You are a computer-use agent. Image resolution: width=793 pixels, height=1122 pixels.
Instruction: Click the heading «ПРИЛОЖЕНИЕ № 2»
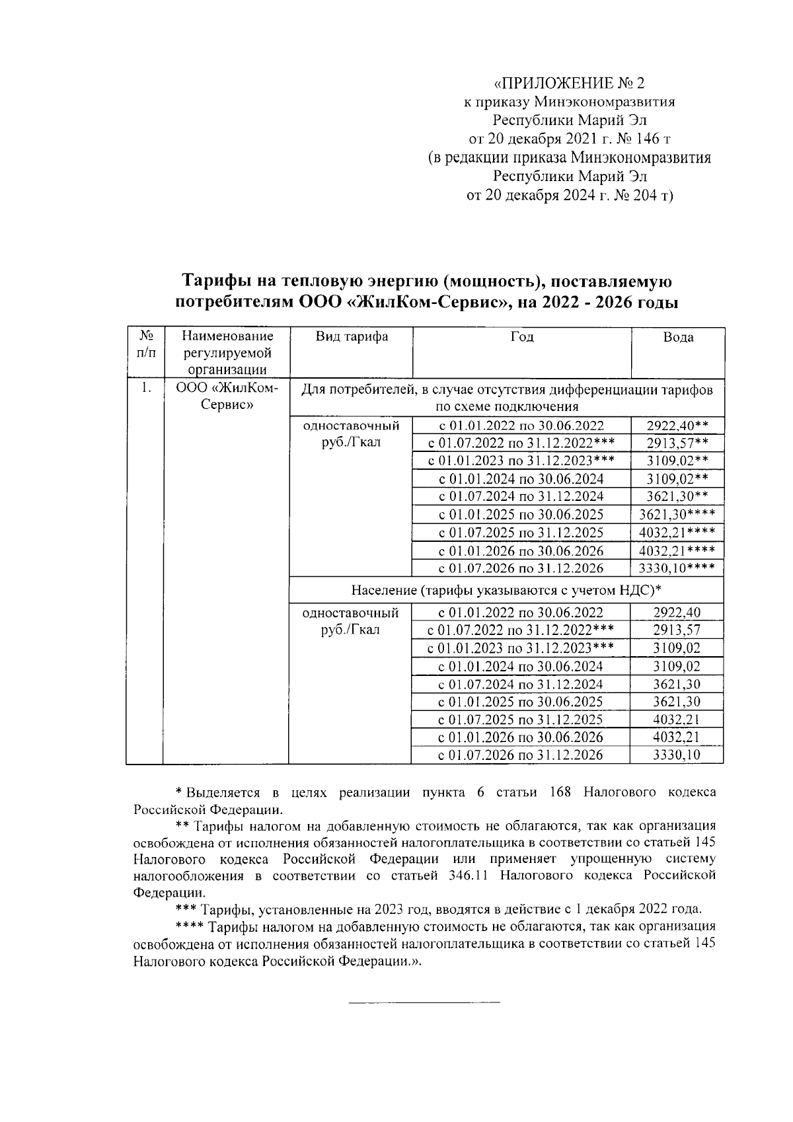(568, 84)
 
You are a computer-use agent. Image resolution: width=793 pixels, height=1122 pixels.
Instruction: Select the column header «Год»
(521, 337)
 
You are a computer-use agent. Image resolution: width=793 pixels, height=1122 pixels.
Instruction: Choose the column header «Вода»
(678, 338)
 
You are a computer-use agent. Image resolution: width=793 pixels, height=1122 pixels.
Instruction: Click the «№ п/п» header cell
(145, 344)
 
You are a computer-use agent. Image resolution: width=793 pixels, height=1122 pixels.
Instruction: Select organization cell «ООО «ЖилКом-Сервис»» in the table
(227, 396)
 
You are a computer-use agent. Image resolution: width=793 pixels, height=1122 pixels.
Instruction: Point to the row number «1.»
(145, 389)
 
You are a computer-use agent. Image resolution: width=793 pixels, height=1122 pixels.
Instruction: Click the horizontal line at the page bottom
(424, 1004)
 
